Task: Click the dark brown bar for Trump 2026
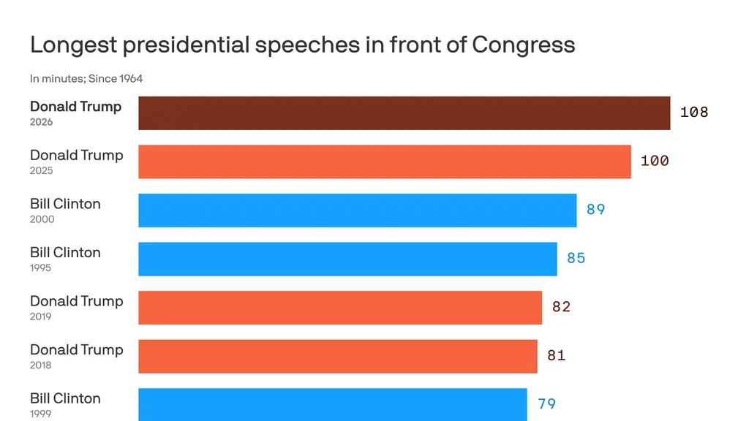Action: [x=404, y=113]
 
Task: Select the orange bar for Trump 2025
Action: [x=384, y=162]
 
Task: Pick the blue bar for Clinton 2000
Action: [x=357, y=210]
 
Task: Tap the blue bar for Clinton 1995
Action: [x=347, y=259]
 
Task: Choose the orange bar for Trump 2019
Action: [x=340, y=308]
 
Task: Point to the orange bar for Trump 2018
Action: [x=338, y=356]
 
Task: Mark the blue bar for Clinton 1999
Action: [x=333, y=403]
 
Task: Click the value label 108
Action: [x=694, y=112]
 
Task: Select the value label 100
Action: [x=655, y=161]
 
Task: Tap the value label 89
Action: [x=595, y=210]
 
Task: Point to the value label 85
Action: [x=576, y=258]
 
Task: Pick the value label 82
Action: [x=561, y=307]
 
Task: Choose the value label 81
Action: [x=556, y=356]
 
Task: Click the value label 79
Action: [x=546, y=403]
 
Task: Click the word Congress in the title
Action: [x=524, y=45]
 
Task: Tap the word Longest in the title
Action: [x=73, y=45]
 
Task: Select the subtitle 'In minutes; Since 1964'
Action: [x=86, y=78]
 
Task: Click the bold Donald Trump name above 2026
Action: [x=75, y=107]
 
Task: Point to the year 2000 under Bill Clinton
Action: [x=42, y=219]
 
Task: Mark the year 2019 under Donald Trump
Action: [x=41, y=316]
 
